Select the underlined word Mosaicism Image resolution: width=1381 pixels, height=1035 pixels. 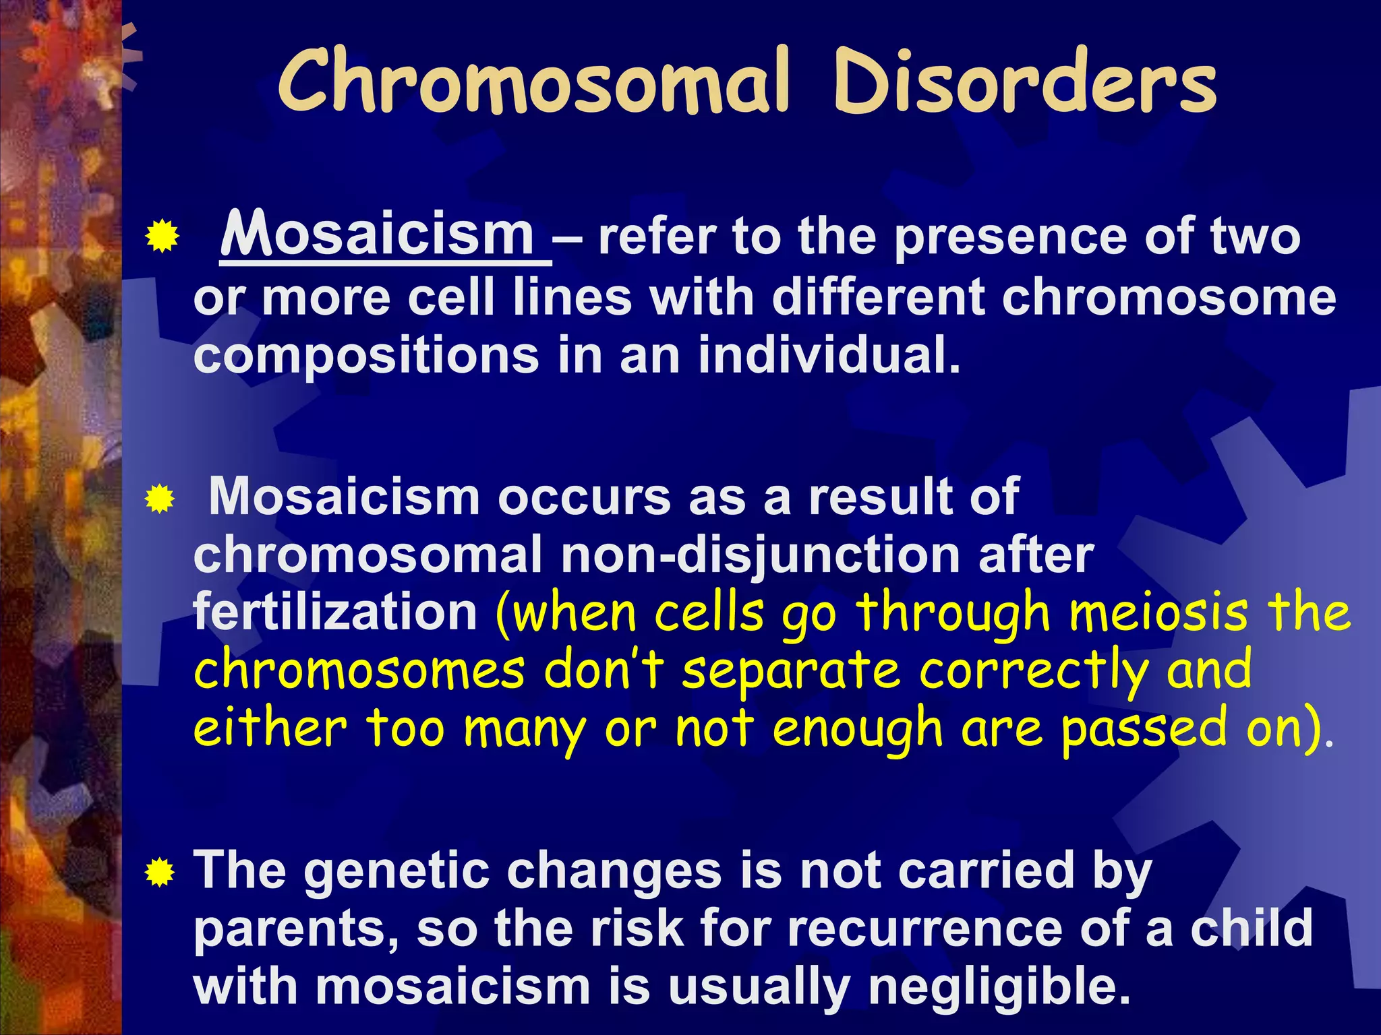378,236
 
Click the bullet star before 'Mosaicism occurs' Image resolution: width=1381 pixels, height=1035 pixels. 160,499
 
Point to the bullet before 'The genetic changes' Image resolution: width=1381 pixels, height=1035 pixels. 160,874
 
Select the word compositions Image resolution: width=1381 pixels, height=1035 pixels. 366,355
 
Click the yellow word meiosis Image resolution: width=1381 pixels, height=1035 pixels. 1158,613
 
